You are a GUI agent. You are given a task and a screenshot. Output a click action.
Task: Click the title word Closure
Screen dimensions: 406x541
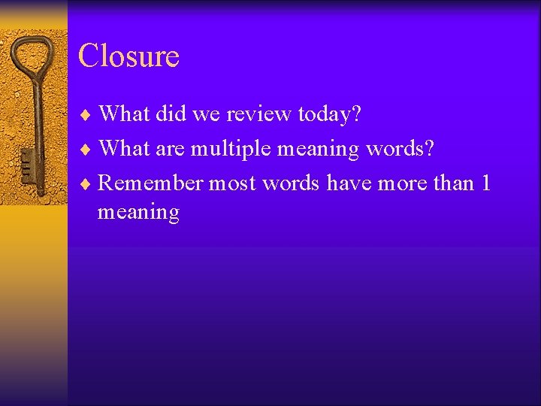tap(128, 56)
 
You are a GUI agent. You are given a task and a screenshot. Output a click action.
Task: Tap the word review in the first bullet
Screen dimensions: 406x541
tap(255, 114)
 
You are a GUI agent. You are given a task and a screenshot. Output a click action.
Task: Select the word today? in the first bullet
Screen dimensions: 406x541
tap(330, 114)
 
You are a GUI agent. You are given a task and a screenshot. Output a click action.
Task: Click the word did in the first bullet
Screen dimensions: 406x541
tap(171, 114)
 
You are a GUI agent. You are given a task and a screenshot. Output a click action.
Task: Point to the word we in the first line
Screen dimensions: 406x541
tap(204, 114)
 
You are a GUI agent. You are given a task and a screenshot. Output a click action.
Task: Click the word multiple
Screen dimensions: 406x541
tap(231, 149)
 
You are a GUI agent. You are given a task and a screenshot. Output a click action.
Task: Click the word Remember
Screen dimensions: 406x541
tap(151, 183)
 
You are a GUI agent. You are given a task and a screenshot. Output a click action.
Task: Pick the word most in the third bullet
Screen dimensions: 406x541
tap(233, 183)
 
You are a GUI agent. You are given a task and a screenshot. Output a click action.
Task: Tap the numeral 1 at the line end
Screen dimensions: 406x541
tap(485, 183)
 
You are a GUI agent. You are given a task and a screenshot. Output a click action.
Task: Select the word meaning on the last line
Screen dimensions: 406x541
tap(138, 213)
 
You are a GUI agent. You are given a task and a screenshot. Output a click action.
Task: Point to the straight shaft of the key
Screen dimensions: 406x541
tap(34, 120)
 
